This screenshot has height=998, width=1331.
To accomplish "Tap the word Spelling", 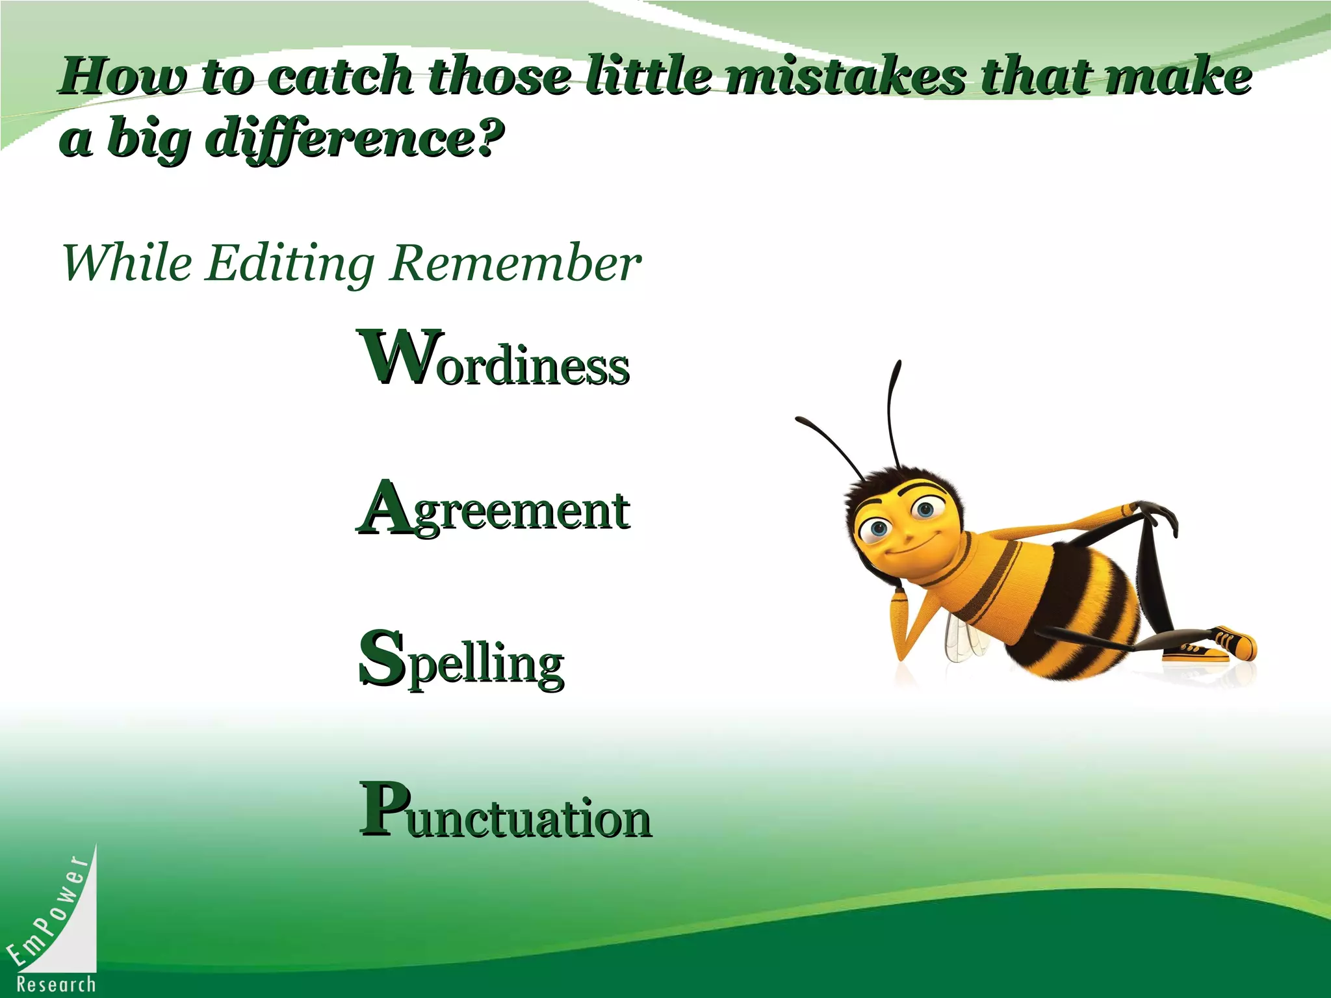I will (461, 660).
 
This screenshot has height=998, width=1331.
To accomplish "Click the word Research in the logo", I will (57, 984).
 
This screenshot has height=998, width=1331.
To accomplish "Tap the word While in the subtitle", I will (127, 263).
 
